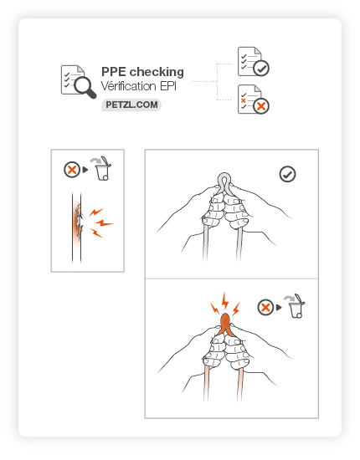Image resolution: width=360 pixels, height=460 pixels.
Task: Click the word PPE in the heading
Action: [x=114, y=72]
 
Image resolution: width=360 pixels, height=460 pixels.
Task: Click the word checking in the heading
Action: [x=157, y=72]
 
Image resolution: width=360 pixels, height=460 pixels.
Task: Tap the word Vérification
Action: [x=129, y=86]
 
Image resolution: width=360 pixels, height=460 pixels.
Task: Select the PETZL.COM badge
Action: [x=131, y=105]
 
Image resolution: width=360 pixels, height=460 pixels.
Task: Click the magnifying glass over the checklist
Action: [x=85, y=86]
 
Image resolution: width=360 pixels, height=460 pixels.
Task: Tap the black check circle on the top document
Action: [x=261, y=68]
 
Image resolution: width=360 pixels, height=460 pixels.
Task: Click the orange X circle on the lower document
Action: [x=261, y=106]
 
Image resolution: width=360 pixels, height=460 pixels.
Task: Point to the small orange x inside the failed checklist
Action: [x=243, y=100]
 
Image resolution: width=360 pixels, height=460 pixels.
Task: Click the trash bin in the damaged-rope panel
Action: [x=102, y=169]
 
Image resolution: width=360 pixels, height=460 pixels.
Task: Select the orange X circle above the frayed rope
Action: [x=72, y=170]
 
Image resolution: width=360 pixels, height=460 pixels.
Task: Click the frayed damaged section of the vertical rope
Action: [x=78, y=221]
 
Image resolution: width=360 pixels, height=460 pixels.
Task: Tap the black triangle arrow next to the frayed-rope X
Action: [x=85, y=170]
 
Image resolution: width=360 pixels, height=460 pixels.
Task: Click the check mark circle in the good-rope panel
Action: [x=287, y=174]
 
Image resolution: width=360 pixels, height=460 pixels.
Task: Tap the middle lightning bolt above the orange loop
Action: [x=225, y=301]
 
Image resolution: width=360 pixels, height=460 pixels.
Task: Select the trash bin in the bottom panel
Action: [x=296, y=307]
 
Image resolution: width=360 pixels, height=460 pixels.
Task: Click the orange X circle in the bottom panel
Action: [x=265, y=308]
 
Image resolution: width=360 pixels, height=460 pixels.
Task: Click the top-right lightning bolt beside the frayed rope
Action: [x=96, y=212]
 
